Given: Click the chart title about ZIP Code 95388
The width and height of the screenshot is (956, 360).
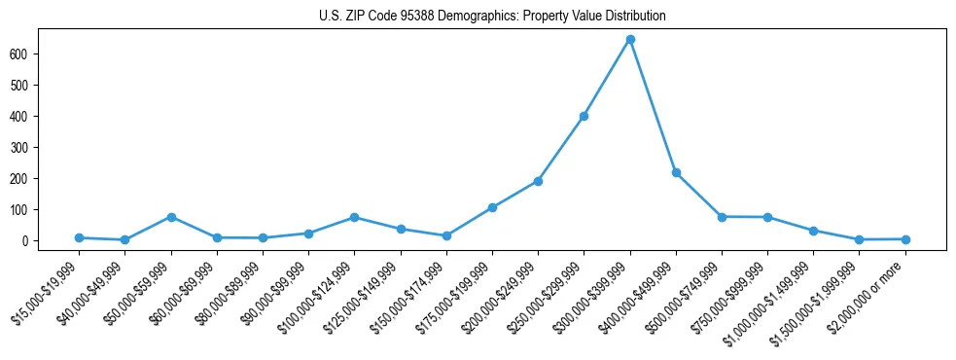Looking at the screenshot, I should point(491,16).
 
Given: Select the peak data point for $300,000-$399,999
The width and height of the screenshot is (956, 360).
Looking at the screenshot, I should point(630,39).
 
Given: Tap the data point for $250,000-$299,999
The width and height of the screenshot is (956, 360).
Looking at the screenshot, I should point(584,116).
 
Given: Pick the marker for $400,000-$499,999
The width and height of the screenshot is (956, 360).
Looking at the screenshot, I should point(676,172).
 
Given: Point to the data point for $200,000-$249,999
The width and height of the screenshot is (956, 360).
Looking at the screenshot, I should point(538,181).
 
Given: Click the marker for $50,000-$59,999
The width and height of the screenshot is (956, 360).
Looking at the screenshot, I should point(171,217).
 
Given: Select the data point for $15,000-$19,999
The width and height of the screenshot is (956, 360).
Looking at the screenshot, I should point(79,237).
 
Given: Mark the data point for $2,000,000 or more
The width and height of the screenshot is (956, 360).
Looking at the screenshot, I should point(905,238).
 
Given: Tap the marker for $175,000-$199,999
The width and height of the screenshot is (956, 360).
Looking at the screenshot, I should point(492,207).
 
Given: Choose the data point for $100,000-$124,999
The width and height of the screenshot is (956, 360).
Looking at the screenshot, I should point(354,217).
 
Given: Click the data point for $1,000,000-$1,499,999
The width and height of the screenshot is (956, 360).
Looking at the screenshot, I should point(813,231).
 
